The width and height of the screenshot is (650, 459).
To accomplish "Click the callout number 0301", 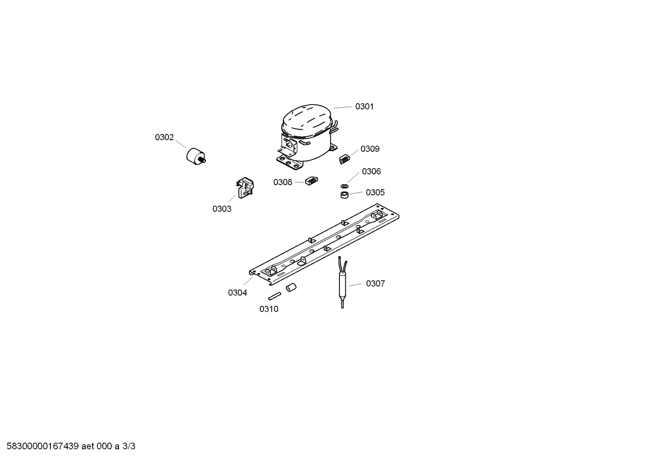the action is pos(364,106).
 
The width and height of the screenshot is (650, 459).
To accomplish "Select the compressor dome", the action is pos(307,137).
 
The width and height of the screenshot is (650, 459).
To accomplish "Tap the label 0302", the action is pos(164,137).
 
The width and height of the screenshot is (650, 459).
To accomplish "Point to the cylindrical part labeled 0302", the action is pos(196,157).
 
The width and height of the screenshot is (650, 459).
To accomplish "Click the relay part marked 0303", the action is pos(245,187).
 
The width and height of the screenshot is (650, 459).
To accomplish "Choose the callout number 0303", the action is pos(222,209).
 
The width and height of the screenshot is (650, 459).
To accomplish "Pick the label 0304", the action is pos(238,293).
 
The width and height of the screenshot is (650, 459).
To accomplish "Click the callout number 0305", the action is pos(375,192).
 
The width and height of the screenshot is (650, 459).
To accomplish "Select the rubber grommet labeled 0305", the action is pos(344,195).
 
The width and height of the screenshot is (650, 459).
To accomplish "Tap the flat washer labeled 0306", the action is pos(344,186).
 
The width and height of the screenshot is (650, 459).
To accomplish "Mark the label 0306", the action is pos(371,171).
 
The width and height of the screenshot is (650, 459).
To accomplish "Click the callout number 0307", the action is pos(375,284).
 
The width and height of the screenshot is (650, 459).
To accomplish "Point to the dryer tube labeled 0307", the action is pos(343,282).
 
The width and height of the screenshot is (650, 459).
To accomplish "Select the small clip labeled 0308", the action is pos(311,181).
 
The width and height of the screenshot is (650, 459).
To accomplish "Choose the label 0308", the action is pos(283,182).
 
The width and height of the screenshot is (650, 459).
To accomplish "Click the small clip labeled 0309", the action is pos(344,159).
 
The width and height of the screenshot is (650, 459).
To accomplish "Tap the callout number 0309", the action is pos(370,149).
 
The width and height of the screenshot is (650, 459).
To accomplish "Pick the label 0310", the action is pos(269,309).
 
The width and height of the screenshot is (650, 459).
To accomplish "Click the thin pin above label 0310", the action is pos(275,296).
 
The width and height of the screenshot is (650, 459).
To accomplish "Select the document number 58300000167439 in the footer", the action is pos(43,446).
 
